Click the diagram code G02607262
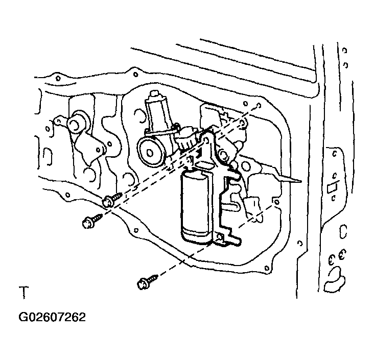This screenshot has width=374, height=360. click(52, 317)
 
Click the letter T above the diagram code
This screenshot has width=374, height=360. click(24, 292)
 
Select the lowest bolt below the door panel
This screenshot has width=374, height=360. click(148, 282)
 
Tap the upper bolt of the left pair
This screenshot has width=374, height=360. click(112, 200)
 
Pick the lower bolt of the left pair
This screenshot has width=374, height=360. click(92, 221)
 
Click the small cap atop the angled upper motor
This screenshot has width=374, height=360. click(155, 93)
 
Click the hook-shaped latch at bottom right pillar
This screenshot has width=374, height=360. click(334, 280)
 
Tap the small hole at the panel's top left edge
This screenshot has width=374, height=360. click(58, 78)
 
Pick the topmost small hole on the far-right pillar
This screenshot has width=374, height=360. click(344, 51)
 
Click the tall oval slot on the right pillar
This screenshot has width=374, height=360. click(343, 231)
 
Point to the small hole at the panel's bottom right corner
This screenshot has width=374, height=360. click(267, 269)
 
